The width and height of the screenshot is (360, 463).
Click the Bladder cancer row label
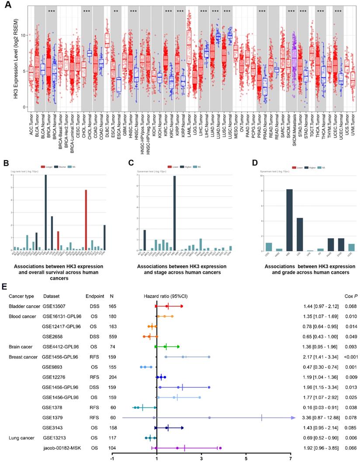pyautogui.click(x=24, y=306)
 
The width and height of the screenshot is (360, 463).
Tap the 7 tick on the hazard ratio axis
pyautogui.click(x=291, y=458)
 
